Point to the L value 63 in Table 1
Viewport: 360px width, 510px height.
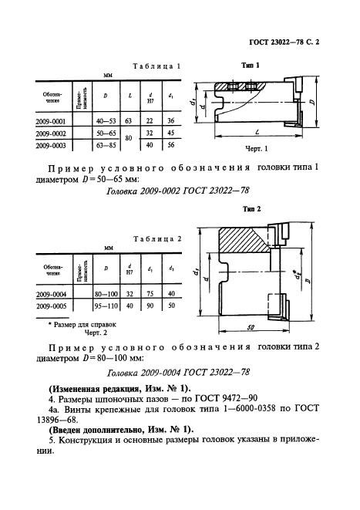[x=128, y=120]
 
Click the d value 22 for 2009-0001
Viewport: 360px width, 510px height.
[x=149, y=120]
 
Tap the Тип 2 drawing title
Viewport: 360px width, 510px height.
[x=252, y=209]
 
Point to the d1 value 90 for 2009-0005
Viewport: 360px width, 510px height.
[x=150, y=304]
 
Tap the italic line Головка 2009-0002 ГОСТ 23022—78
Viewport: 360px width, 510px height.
[x=178, y=189]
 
